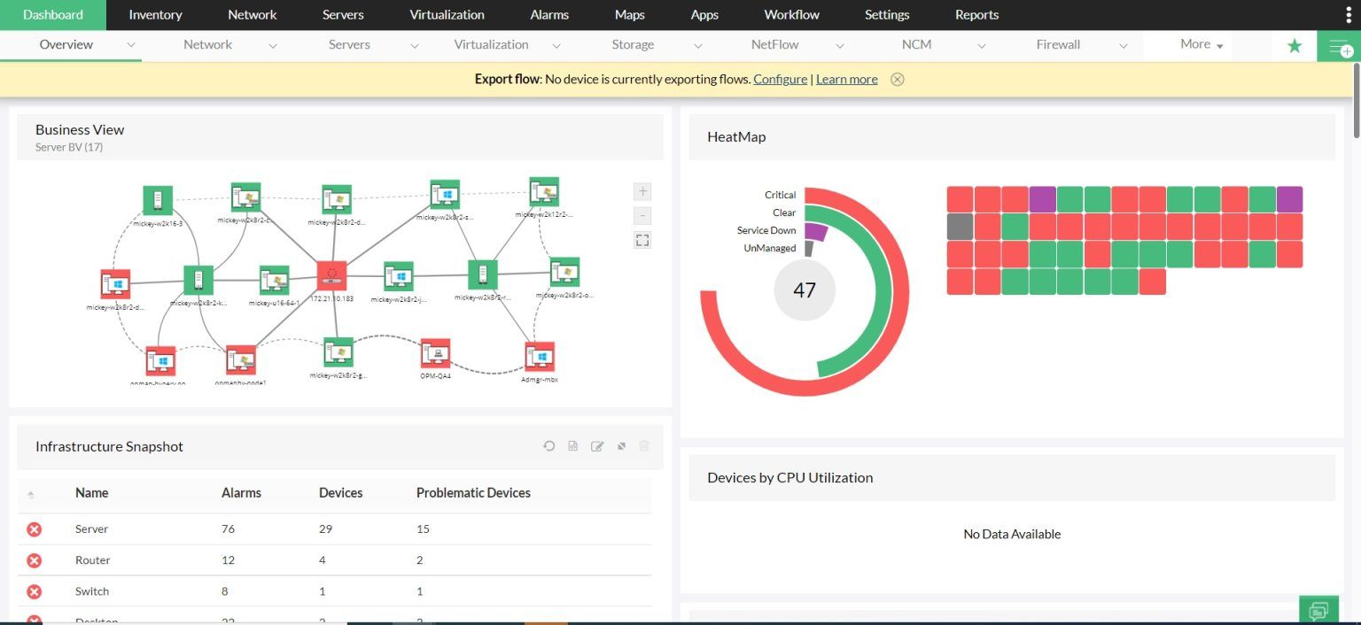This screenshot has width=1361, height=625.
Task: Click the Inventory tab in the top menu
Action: [155, 15]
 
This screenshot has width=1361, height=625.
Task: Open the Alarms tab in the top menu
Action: [549, 15]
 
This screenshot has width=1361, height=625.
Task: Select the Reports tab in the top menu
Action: [976, 15]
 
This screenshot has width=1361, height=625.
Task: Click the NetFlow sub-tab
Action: [774, 44]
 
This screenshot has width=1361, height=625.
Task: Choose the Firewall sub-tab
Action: [1058, 44]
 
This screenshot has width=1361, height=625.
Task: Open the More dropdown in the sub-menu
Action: [1201, 44]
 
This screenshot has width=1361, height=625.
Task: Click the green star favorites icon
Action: [1295, 46]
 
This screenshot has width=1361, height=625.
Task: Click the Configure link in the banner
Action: [780, 79]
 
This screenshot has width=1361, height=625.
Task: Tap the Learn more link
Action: [846, 79]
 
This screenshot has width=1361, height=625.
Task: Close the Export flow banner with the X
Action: [898, 79]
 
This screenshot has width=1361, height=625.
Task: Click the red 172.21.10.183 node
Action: [332, 275]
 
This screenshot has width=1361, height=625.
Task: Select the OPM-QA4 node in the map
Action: [435, 354]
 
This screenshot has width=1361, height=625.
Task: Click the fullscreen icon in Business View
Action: [642, 240]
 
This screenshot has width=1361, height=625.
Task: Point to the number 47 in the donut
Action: [804, 290]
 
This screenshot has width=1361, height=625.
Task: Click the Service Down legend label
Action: [766, 230]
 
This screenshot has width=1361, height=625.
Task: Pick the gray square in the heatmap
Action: [960, 227]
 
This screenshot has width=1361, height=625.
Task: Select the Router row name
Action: [92, 559]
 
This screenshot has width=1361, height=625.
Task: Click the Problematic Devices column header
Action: [473, 492]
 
